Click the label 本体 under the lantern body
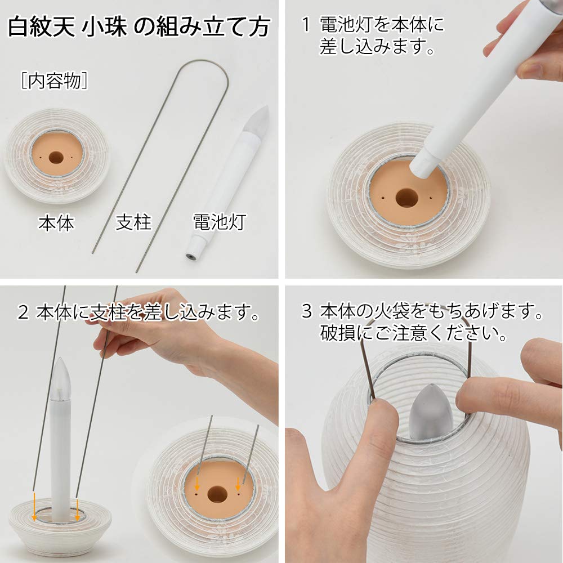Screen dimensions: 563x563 click(x=56, y=224)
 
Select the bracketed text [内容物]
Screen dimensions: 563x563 click(x=54, y=81)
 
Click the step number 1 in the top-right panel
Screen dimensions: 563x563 click(x=306, y=25)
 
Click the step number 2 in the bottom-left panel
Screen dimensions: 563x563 click(x=23, y=312)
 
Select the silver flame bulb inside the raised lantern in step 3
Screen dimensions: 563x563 click(x=431, y=414)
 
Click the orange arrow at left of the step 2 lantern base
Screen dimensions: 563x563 click(x=34, y=510)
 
